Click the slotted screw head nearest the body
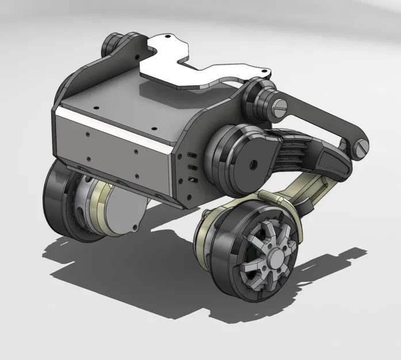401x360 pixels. (281, 105)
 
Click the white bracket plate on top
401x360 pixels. (190, 66)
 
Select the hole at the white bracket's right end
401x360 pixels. (265, 72)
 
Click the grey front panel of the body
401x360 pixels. (115, 150)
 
